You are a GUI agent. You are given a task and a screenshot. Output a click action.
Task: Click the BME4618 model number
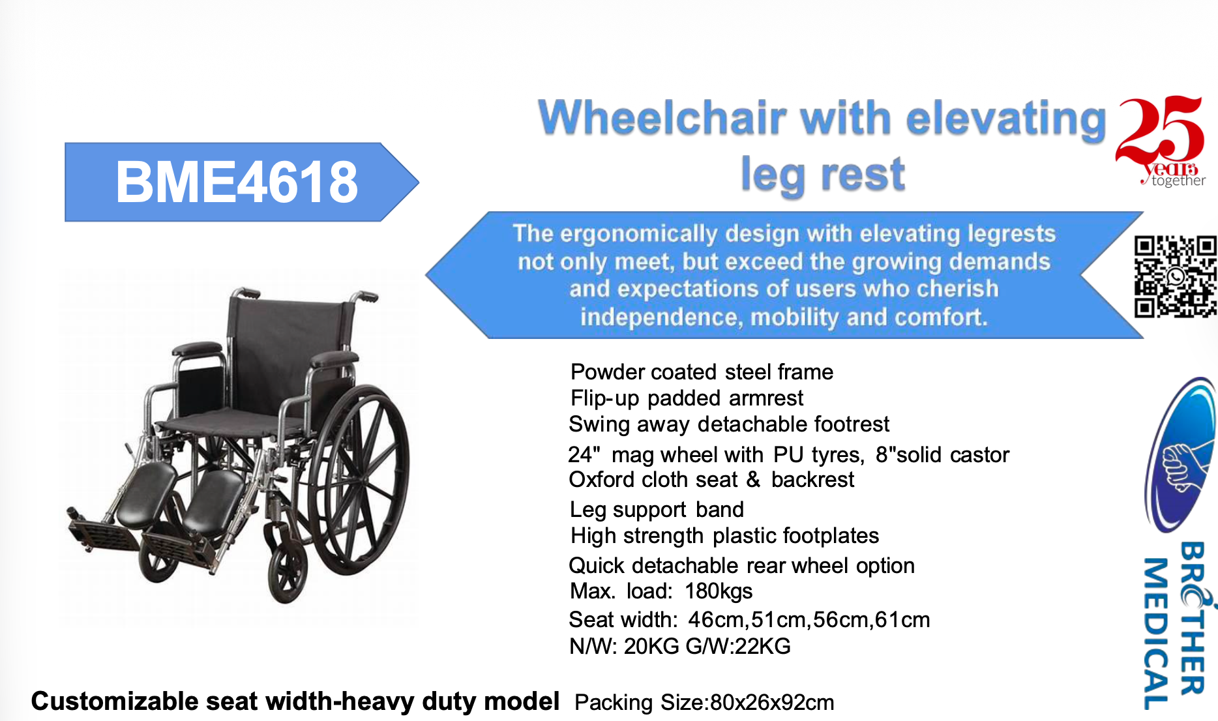[236, 182]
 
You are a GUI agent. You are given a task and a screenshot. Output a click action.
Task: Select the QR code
[1175, 277]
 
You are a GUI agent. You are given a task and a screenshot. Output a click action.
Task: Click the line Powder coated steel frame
[702, 372]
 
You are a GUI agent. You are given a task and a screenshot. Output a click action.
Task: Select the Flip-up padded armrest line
[687, 398]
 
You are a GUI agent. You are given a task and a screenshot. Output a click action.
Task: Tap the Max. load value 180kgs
[719, 591]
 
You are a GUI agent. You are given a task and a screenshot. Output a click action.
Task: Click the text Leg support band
[657, 509]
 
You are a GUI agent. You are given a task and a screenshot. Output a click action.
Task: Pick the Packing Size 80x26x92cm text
[704, 702]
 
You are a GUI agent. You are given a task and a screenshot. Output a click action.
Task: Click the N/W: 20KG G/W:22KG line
[679, 646]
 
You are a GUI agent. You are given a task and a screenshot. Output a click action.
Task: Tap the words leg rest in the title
[823, 175]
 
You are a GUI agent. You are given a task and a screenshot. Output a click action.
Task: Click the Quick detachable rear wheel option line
[741, 565]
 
